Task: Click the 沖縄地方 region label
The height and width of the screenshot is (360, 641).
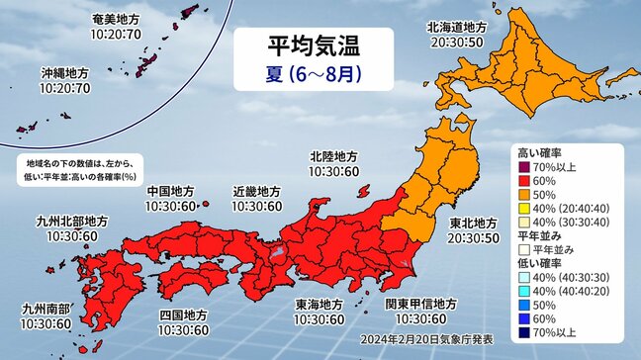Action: (x=65, y=74)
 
